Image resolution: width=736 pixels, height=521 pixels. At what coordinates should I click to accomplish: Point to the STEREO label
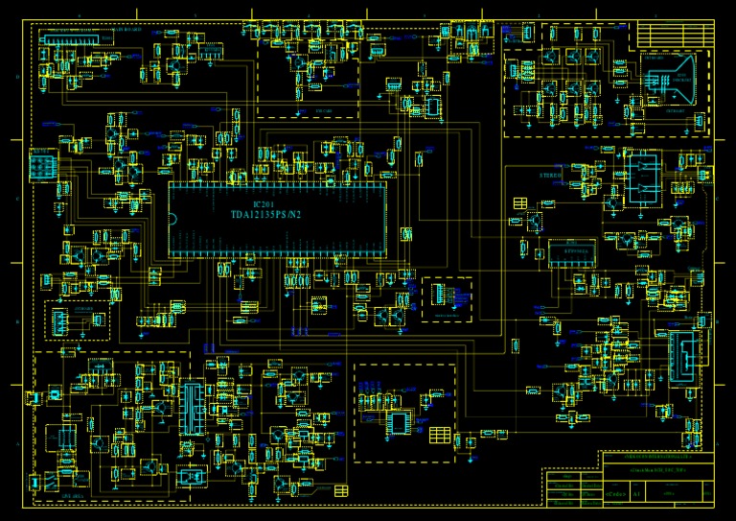tap(550, 176)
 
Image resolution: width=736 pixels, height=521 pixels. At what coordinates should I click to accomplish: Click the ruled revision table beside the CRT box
tap(676, 35)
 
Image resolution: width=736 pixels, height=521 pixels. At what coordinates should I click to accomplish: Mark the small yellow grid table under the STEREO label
tap(521, 201)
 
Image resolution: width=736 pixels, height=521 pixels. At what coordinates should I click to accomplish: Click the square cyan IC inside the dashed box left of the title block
tap(397, 421)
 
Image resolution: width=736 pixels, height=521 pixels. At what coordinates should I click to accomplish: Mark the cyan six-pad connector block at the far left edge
tap(43, 165)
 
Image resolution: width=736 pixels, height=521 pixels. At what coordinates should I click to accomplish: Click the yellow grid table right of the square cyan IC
tap(440, 435)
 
